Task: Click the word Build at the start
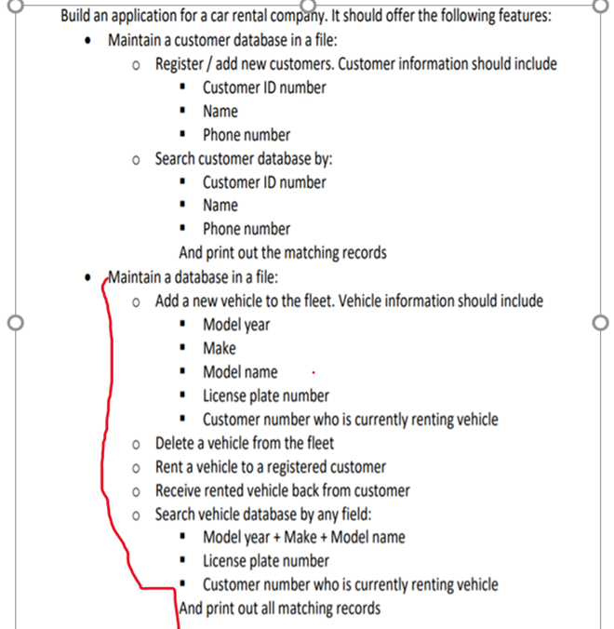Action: pos(77,17)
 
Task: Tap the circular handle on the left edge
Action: pos(12,323)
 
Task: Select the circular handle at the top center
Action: pos(306,4)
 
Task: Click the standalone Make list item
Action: pos(220,348)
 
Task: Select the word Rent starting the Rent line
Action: pos(171,466)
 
